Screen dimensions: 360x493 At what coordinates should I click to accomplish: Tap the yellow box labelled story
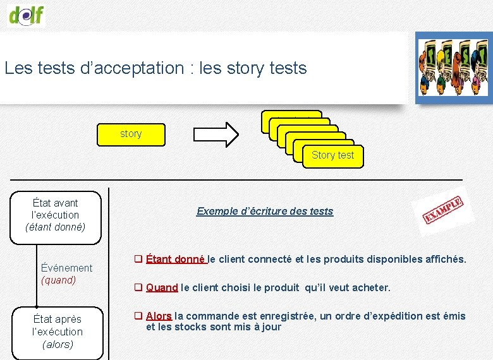click(x=131, y=134)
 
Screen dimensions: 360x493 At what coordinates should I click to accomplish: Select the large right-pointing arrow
click(x=216, y=133)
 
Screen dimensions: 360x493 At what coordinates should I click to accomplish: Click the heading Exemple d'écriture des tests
click(x=265, y=211)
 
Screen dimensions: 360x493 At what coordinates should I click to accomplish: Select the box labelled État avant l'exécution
click(x=56, y=215)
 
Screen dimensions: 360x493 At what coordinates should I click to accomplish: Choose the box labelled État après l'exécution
click(x=58, y=332)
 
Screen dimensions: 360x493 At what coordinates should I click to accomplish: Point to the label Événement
click(x=66, y=268)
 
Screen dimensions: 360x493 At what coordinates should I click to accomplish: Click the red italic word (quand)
click(x=58, y=280)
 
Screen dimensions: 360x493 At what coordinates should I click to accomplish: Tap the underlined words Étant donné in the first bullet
click(x=175, y=259)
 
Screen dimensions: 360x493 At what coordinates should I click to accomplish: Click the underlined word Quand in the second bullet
click(x=162, y=287)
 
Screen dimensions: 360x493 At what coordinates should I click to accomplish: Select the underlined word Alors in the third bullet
click(x=159, y=316)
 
